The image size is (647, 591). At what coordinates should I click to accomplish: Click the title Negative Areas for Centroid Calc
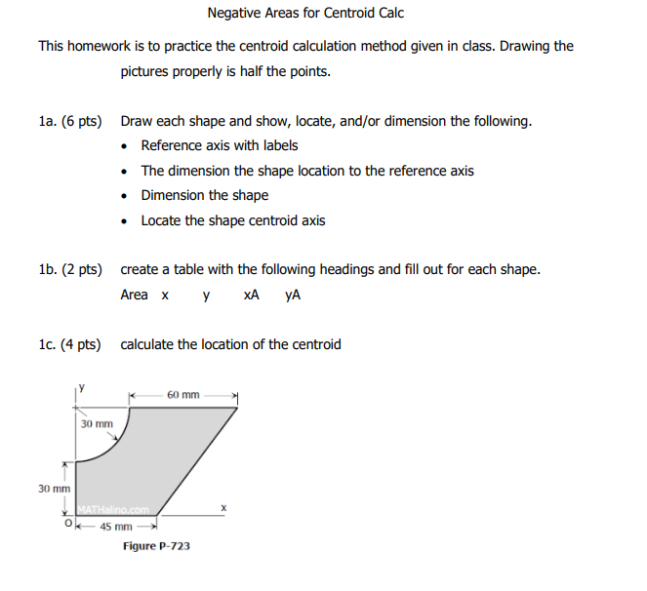point(305,14)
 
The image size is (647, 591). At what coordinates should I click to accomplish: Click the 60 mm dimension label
point(182,395)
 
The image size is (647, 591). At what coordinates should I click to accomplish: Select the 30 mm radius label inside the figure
point(97,424)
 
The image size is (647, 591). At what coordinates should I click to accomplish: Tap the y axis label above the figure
point(82,387)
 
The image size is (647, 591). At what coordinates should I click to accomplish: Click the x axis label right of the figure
point(222,507)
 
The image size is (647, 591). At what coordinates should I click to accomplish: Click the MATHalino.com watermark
point(109,508)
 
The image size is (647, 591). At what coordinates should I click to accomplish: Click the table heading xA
point(251,295)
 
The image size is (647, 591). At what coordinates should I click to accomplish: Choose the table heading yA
point(292,295)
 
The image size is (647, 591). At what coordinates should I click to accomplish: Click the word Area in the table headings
point(135,295)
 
